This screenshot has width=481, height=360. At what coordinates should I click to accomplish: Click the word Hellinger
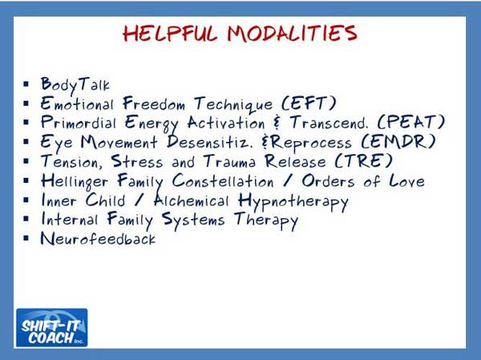[x=77, y=182]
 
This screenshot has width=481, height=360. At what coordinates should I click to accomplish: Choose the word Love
[x=404, y=181]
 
